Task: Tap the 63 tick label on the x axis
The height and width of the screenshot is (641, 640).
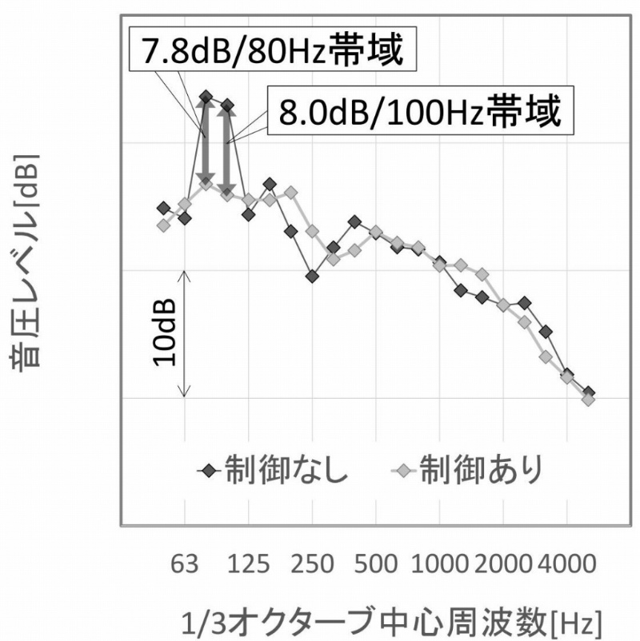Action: point(185,564)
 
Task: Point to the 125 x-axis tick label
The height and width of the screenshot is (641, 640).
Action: point(248,564)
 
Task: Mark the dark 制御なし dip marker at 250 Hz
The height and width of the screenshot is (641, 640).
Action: point(312,276)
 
